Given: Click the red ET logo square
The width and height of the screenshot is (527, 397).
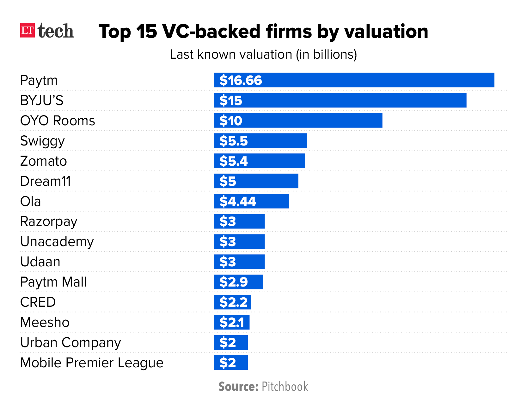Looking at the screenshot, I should point(27,30).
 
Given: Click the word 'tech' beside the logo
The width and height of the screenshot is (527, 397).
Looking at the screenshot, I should point(56,31).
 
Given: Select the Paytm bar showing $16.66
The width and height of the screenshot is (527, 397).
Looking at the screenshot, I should point(354,80).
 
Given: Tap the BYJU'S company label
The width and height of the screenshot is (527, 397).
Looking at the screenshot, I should point(42,101).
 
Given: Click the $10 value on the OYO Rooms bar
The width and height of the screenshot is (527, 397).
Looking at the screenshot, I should point(231,121).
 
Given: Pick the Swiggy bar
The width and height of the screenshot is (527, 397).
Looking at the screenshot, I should point(260,141).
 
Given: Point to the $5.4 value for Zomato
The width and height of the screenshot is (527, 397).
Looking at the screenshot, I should point(234,161).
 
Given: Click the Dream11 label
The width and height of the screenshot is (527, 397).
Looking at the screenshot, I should point(46,181).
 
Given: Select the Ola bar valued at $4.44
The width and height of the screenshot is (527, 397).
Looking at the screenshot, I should point(251,201).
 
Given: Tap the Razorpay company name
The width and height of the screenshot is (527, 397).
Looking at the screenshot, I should point(49,222).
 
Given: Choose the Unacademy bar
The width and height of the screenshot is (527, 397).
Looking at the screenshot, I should point(239,242).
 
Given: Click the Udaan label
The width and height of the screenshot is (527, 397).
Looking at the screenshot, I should point(40,262).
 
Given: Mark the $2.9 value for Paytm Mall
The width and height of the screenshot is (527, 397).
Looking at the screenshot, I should point(234,282).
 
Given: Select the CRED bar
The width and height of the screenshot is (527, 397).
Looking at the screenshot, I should point(233,302).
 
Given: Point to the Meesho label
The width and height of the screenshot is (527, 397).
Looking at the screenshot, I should point(45,323).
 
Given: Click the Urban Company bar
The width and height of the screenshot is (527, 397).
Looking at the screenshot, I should point(231,343).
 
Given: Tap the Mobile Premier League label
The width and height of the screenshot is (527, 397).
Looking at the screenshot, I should point(92,363).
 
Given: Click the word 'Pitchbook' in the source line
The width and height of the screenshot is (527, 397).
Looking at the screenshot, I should point(285,387).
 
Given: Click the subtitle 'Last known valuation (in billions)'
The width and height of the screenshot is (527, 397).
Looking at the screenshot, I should point(263,55).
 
